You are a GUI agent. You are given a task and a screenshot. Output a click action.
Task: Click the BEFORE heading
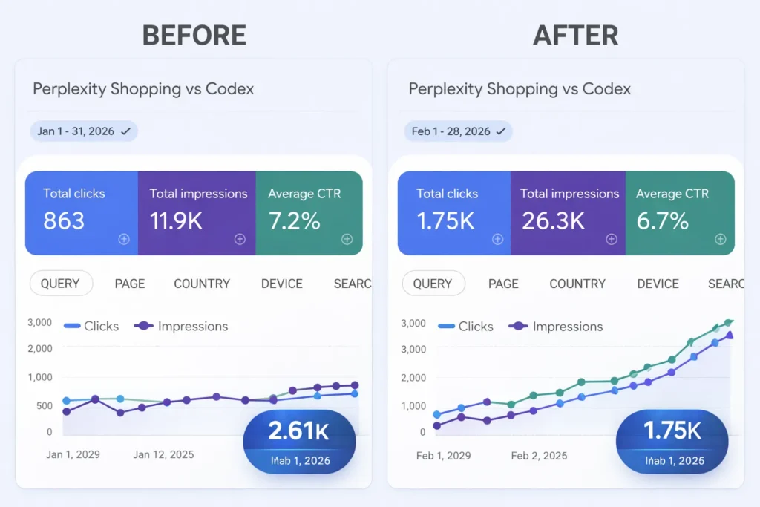coord(194,35)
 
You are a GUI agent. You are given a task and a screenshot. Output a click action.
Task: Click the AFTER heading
coord(575,35)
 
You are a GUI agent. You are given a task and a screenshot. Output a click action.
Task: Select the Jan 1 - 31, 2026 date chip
coord(84,131)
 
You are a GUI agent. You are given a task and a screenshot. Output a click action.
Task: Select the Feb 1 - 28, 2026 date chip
coord(458,131)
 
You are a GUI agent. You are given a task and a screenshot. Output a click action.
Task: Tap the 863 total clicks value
coord(64,220)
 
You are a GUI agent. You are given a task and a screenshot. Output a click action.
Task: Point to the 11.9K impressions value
coord(176,220)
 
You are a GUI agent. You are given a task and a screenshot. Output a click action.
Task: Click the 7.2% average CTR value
coord(294,220)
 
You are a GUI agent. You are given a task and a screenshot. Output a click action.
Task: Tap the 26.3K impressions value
coord(553,220)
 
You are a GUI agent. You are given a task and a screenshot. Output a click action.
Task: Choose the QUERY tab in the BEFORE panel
coord(60,284)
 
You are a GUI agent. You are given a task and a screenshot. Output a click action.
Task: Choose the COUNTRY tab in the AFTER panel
coord(577,284)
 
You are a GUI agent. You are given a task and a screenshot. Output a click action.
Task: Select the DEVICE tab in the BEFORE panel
coord(282,284)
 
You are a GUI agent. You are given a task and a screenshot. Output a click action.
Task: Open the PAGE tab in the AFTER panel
coord(503,284)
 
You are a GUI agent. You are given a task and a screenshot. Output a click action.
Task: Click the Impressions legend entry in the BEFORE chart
coord(182,327)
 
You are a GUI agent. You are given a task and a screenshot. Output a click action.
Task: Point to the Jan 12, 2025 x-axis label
coord(163,454)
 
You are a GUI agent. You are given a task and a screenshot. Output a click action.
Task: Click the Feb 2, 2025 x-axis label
coord(539,455)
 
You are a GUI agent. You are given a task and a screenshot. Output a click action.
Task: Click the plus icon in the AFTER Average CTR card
coord(720,239)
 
